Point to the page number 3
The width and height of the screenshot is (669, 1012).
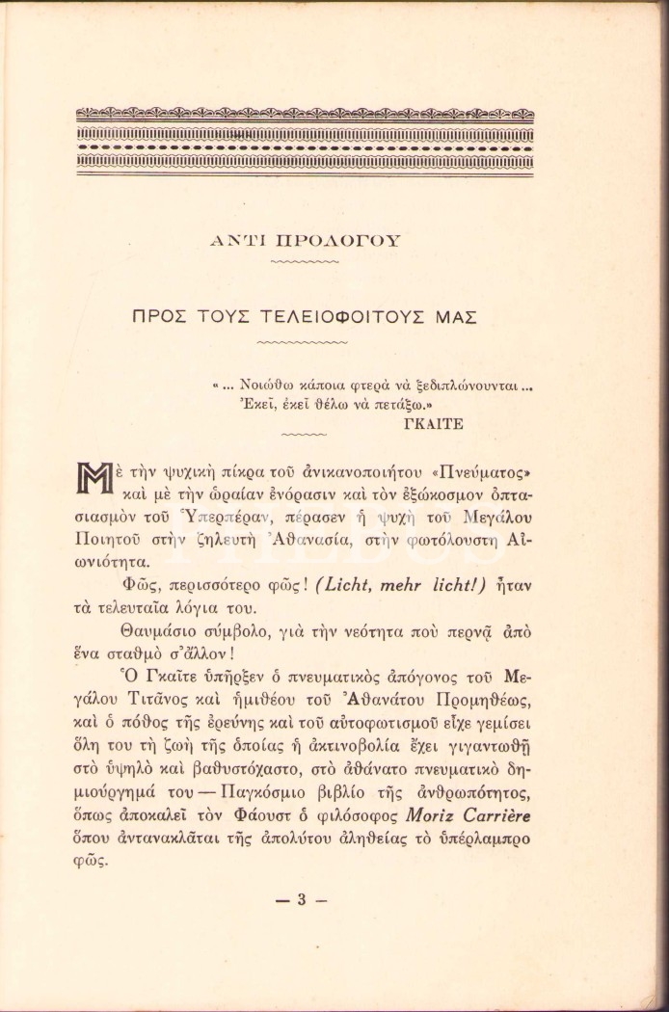[x=301, y=900]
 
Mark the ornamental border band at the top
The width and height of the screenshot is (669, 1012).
[x=305, y=143]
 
